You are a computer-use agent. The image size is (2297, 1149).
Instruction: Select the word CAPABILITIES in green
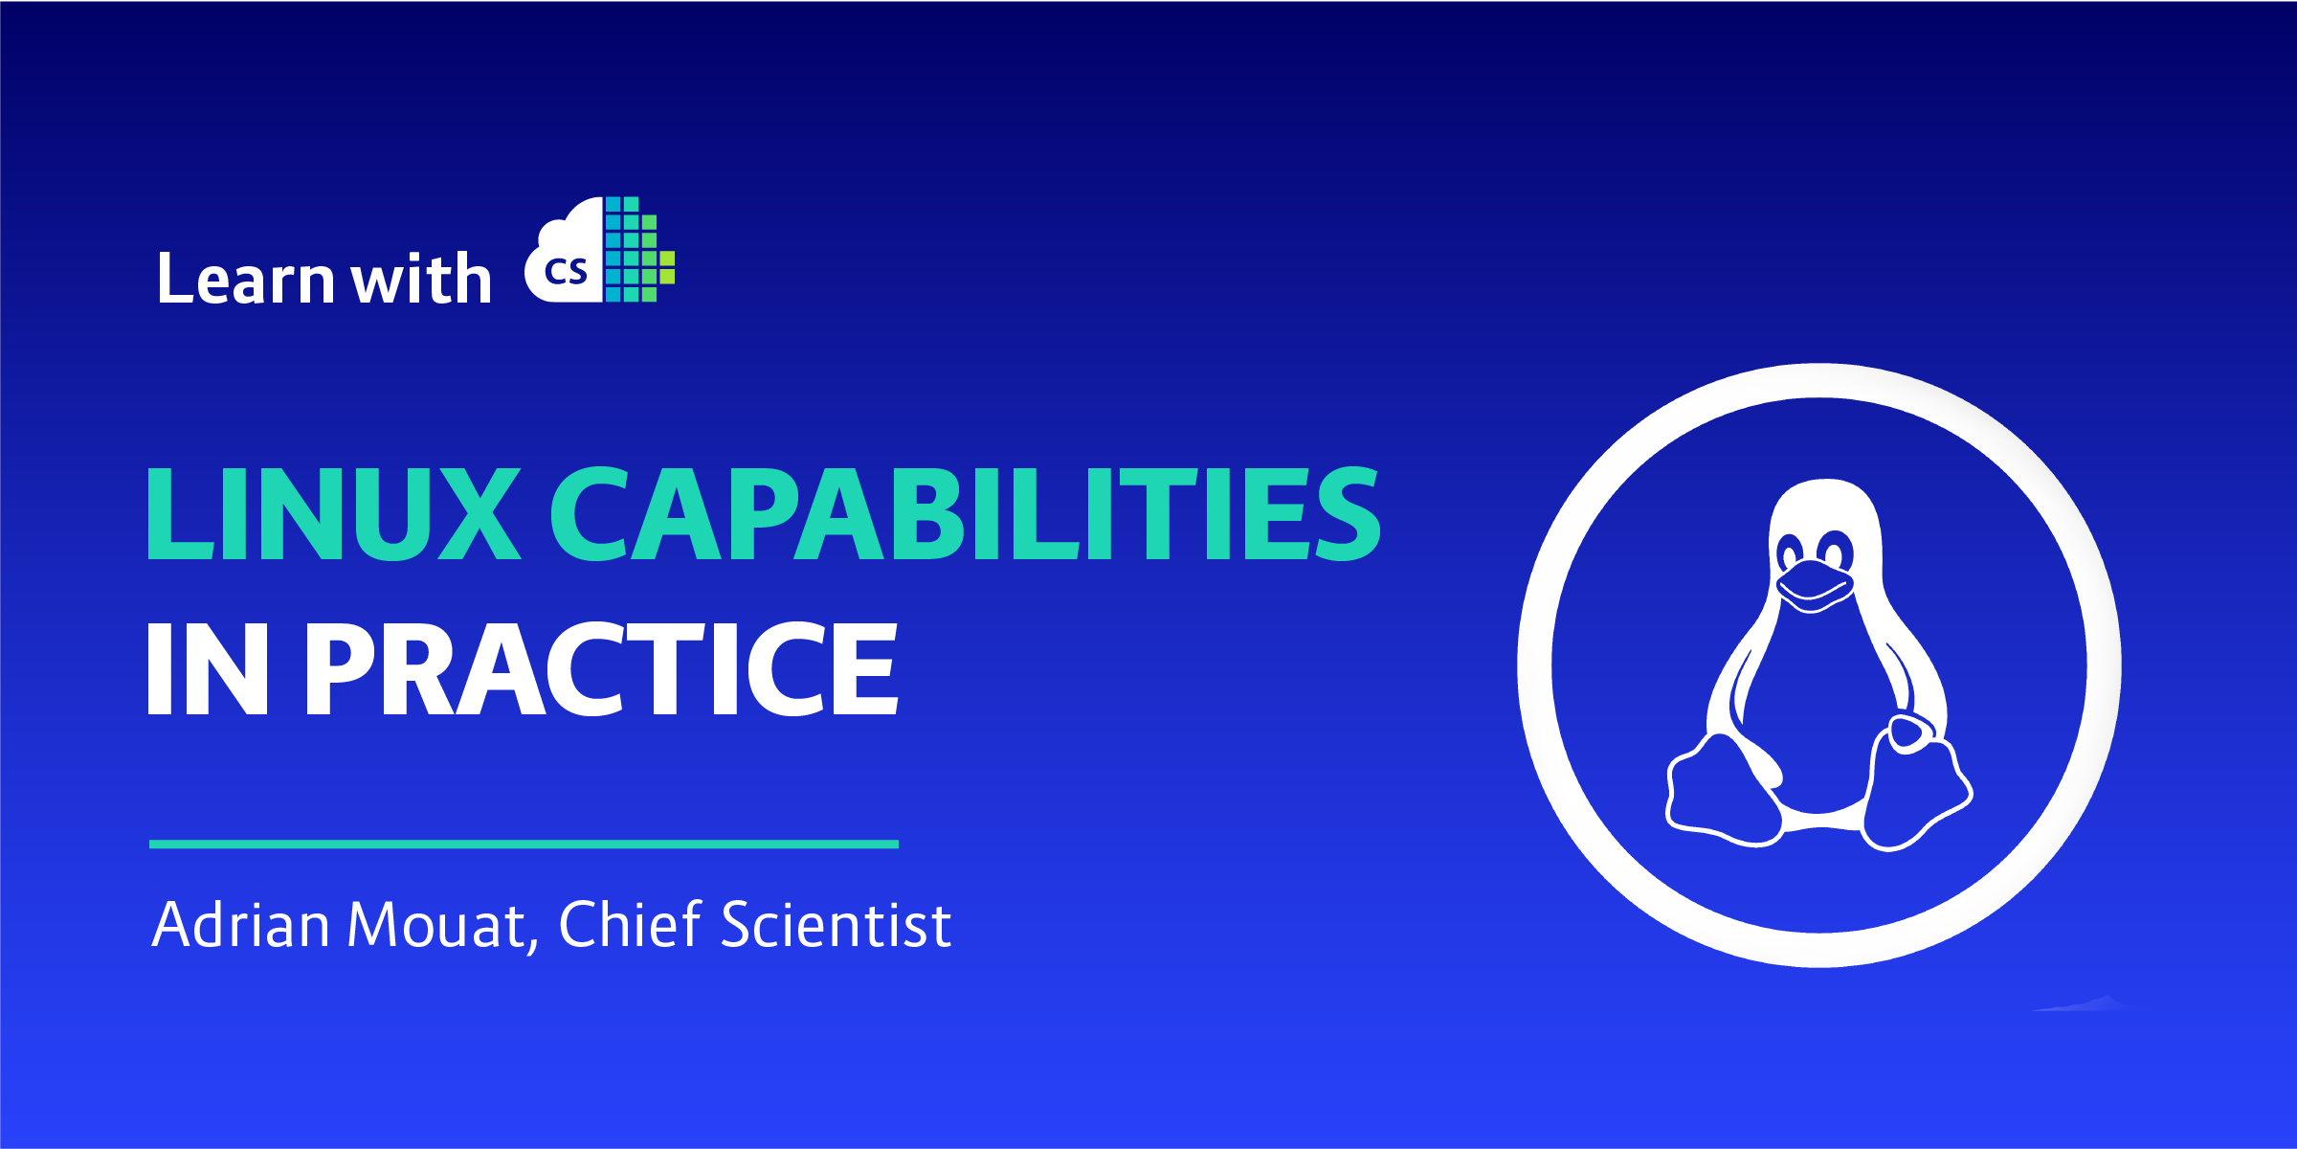[x=965, y=513]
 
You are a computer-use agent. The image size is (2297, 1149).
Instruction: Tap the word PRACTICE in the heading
[x=601, y=667]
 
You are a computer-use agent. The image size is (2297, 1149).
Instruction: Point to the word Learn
[x=246, y=280]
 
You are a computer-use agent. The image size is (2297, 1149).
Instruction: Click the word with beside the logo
[x=421, y=280]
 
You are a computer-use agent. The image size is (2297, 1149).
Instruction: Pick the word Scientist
[x=836, y=925]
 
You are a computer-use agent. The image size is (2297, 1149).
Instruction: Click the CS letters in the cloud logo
[x=565, y=272]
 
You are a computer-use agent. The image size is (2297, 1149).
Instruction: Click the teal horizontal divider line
[x=524, y=844]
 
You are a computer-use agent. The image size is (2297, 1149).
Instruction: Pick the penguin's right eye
[x=1834, y=553]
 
